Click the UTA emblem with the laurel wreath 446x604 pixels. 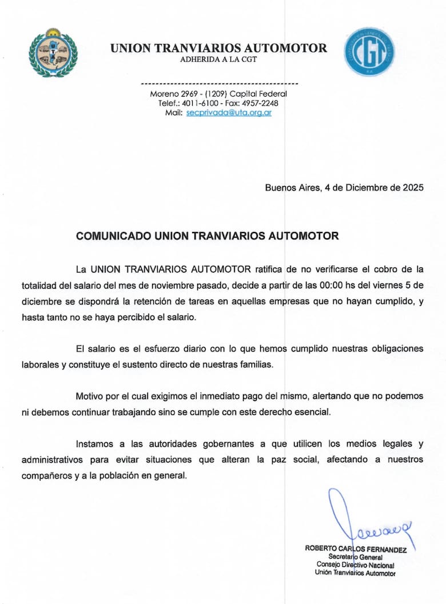[53, 53]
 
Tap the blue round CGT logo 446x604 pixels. [369, 51]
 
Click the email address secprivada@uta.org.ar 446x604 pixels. [229, 113]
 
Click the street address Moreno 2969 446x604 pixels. [173, 94]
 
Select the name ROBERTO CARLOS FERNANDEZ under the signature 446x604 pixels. [356, 549]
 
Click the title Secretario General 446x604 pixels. [355, 557]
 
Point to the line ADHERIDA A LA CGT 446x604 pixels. [219, 59]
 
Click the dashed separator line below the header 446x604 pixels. [219, 83]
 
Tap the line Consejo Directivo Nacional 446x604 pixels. [355, 565]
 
